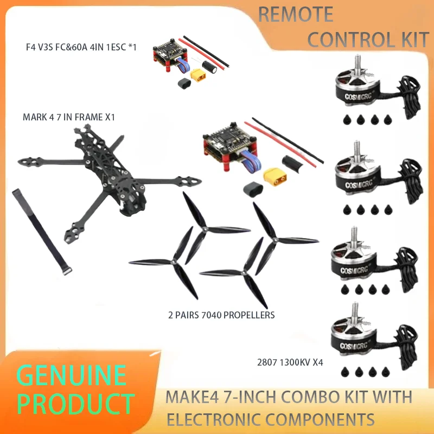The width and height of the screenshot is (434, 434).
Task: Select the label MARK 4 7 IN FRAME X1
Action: tap(68, 117)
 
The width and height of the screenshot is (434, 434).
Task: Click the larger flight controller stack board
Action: tap(222, 144)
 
